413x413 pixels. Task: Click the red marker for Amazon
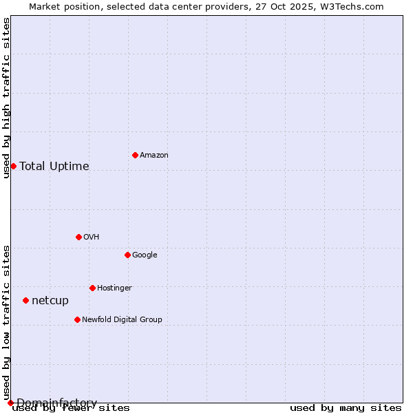click(x=135, y=155)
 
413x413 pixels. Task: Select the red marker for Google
click(x=127, y=255)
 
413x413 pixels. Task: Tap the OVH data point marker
click(x=78, y=237)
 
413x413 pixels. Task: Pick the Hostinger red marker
click(x=92, y=288)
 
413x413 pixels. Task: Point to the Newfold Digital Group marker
click(x=77, y=319)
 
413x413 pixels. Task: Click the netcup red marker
click(x=25, y=300)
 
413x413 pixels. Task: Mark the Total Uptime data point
click(x=13, y=166)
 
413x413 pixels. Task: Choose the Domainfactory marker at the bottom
click(x=10, y=403)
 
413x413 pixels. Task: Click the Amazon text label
click(x=154, y=156)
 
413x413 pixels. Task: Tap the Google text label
click(x=145, y=255)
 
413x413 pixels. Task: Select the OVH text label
click(x=92, y=237)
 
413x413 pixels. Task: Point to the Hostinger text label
click(x=114, y=288)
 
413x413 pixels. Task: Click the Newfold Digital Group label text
click(x=122, y=320)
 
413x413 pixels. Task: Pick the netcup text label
click(x=50, y=301)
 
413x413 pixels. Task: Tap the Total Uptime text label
click(x=54, y=167)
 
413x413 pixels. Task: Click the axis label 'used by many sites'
click(x=346, y=408)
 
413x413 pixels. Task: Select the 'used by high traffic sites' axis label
click(x=6, y=98)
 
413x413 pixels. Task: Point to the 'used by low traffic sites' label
click(x=6, y=322)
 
